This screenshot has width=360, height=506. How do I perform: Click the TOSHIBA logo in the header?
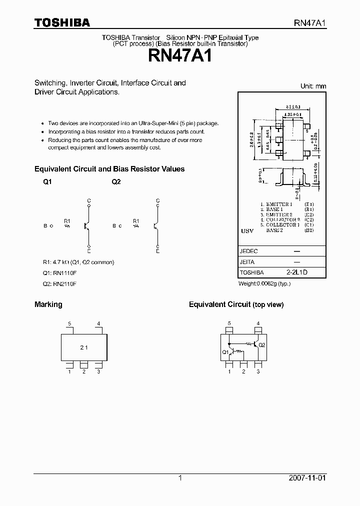(x=62, y=22)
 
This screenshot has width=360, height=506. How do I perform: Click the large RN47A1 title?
(x=180, y=55)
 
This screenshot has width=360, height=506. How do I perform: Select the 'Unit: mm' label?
(x=313, y=86)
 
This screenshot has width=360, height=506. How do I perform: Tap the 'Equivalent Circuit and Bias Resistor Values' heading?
(x=109, y=169)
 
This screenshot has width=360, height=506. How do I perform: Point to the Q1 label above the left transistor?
(x=47, y=182)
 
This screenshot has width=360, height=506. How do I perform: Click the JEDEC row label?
(x=249, y=251)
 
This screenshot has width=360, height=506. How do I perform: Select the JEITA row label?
(x=247, y=262)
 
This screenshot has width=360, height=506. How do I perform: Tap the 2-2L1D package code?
(x=296, y=272)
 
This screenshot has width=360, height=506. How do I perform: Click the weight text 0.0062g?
(x=264, y=283)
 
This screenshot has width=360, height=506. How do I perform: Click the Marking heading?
(x=48, y=304)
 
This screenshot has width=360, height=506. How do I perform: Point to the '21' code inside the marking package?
(x=84, y=346)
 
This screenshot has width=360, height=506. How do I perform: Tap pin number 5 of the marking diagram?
(x=69, y=323)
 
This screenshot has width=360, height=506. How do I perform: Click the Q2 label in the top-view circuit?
(x=262, y=345)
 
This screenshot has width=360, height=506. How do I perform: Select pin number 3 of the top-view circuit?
(x=258, y=371)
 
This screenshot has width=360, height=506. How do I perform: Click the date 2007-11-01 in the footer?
(x=307, y=478)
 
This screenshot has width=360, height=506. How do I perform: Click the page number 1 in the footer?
(x=180, y=478)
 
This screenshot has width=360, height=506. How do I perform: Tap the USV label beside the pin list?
(x=246, y=231)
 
